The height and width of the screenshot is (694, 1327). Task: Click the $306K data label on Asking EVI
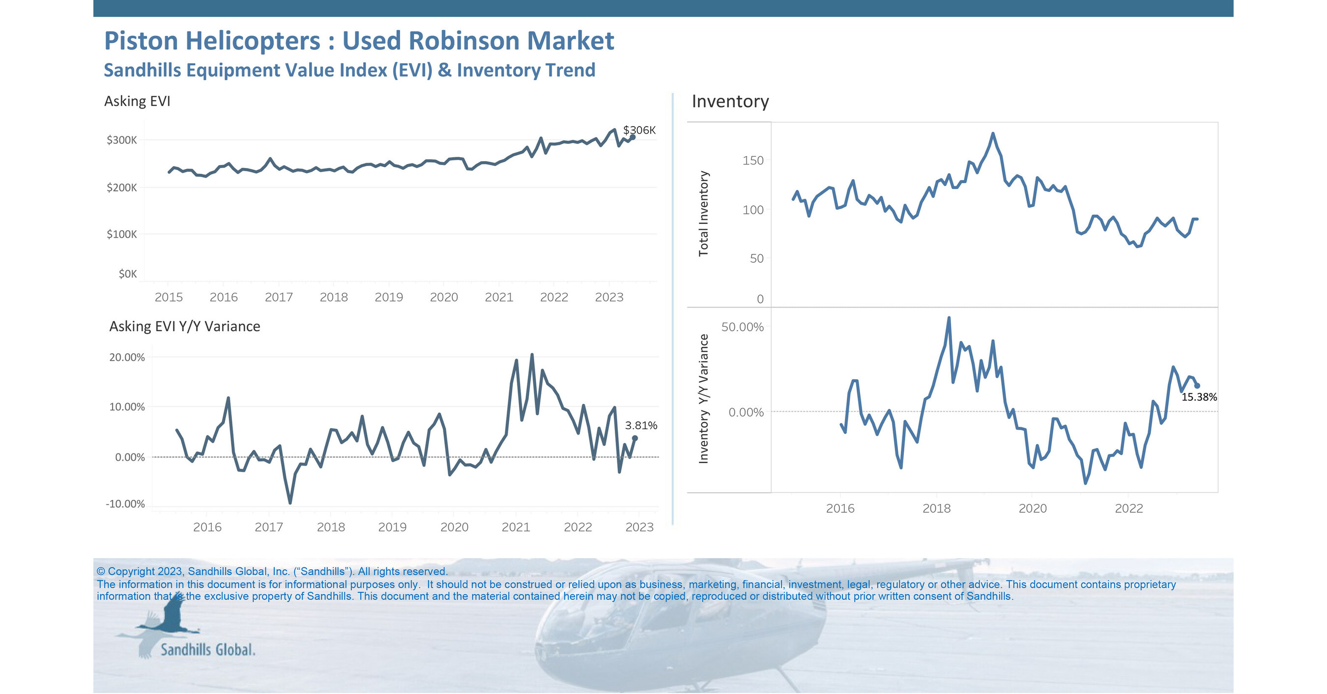(x=639, y=130)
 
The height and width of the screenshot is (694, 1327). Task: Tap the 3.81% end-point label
(x=641, y=425)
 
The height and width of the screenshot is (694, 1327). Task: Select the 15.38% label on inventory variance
(x=1199, y=397)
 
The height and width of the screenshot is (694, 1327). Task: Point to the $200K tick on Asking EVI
(x=121, y=188)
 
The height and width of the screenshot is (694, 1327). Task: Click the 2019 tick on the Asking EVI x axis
(x=388, y=297)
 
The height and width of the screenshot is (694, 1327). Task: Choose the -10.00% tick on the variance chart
(x=125, y=504)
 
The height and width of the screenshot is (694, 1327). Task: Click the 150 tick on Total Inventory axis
(x=752, y=161)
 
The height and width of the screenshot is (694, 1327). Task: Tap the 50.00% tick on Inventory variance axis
(x=742, y=327)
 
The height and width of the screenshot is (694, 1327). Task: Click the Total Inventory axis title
(x=703, y=214)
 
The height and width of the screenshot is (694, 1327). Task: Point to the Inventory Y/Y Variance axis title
(x=703, y=399)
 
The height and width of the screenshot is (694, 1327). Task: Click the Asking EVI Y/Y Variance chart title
(x=184, y=327)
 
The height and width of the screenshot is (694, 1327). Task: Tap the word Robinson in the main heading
(x=462, y=41)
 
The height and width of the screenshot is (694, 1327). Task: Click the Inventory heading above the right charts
(x=730, y=101)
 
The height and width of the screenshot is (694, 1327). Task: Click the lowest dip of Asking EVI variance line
(x=290, y=502)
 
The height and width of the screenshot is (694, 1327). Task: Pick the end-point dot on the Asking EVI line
(x=633, y=137)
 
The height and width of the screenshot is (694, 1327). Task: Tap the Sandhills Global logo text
(x=207, y=650)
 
